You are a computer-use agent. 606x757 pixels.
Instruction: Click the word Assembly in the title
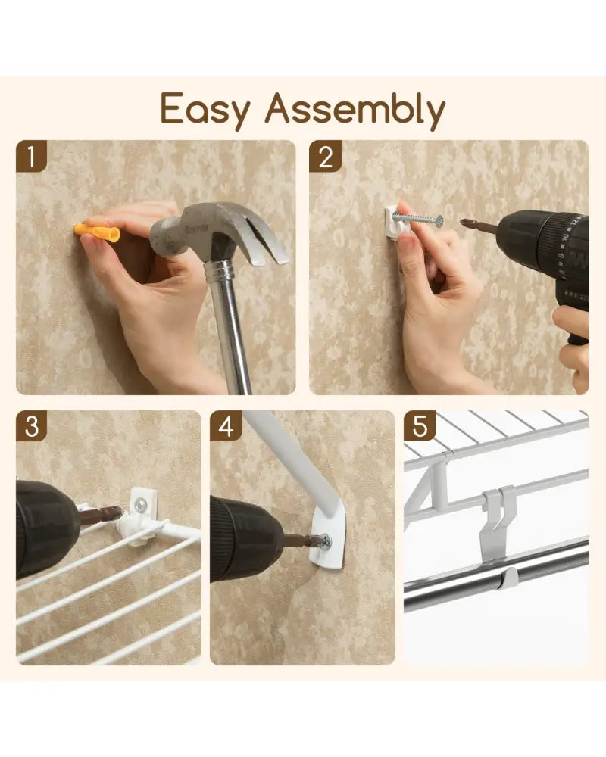point(355,111)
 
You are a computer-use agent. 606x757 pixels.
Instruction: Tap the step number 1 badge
point(31,156)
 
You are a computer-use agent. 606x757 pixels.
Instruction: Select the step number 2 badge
point(325,156)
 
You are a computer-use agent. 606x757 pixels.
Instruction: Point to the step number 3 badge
point(31,426)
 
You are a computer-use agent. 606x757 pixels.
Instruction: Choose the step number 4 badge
point(226,426)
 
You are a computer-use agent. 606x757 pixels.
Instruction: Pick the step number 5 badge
point(420,426)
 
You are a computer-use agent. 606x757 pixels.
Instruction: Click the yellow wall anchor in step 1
point(97,233)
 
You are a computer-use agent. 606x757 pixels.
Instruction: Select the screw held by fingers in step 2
point(418,219)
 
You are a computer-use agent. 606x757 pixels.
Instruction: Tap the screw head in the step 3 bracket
point(141,505)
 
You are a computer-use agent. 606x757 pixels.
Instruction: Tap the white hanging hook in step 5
point(497,524)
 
